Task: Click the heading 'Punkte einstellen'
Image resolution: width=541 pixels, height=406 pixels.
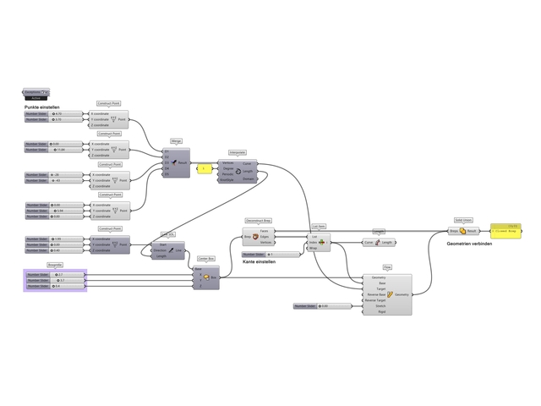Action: [42, 107]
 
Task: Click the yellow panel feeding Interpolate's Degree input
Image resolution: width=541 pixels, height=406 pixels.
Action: [204, 168]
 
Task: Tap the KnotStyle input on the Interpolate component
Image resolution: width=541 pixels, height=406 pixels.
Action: [227, 179]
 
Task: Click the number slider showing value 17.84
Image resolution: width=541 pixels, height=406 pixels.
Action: [56, 150]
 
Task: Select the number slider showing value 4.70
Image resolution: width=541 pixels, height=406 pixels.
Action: [56, 113]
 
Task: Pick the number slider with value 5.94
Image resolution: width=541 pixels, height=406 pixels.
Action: [56, 211]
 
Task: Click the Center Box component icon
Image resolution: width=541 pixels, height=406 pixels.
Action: [213, 277]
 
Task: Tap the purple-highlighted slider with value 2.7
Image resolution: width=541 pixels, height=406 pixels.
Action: [56, 274]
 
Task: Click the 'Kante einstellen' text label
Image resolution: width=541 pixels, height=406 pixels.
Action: [260, 262]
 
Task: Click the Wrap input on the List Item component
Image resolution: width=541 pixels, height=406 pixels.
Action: [314, 249]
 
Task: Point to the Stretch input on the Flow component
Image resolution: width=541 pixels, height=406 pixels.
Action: [376, 306]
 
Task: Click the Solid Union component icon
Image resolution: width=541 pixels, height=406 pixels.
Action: [462, 230]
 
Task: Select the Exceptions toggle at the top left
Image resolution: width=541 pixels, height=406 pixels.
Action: [36, 91]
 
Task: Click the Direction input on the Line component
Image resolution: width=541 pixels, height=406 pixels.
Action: [161, 250]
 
